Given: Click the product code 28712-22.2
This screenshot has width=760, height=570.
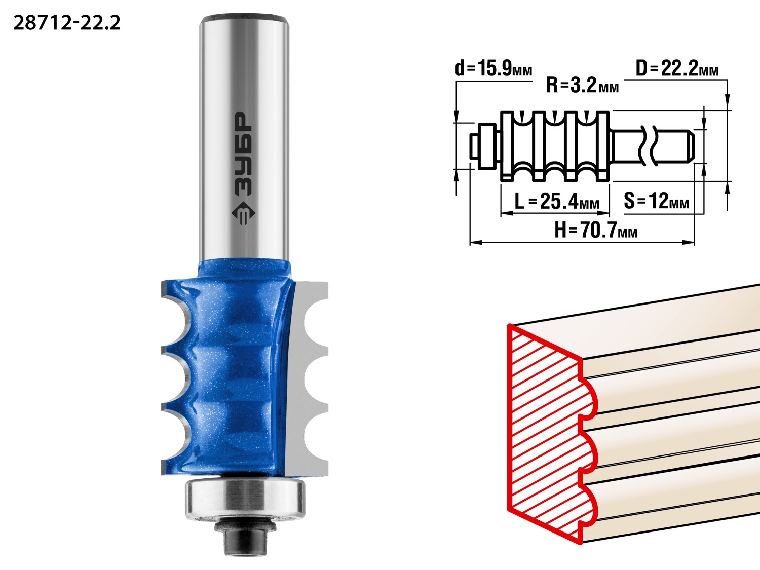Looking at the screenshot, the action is pos(67,23).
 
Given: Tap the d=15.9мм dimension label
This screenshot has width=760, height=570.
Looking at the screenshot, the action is pos(493,68).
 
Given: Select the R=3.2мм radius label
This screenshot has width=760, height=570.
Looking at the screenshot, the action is pos(582,85).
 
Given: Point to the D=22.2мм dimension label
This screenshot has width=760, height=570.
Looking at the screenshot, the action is pos(677,68).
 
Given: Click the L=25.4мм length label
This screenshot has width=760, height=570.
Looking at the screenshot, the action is pos(556,201).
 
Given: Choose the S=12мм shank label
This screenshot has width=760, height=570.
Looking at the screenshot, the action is pos(656,201).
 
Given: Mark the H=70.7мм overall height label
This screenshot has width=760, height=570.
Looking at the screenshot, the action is pos(595,230).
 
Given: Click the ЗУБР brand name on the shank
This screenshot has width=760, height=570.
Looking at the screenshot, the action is pos(243,154).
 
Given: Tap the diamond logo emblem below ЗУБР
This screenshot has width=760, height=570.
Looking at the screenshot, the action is pos(243,213).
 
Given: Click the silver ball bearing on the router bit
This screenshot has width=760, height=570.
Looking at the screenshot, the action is pos(245,499).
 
